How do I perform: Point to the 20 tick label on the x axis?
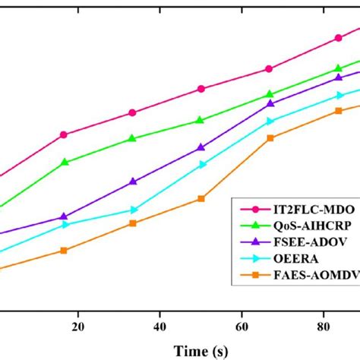pyautogui.click(x=77, y=326)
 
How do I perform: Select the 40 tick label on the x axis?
pyautogui.click(x=159, y=326)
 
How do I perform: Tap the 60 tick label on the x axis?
pyautogui.click(x=242, y=326)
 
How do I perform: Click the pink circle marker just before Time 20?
pyautogui.click(x=64, y=134)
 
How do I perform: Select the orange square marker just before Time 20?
pyautogui.click(x=64, y=251)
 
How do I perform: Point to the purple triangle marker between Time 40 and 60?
pyautogui.click(x=201, y=147)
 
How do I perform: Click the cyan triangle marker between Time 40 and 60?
pyautogui.click(x=201, y=164)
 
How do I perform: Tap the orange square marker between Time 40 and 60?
pyautogui.click(x=201, y=199)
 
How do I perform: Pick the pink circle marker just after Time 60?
pyautogui.click(x=270, y=69)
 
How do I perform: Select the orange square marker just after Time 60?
pyautogui.click(x=270, y=138)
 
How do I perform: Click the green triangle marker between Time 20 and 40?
pyautogui.click(x=133, y=138)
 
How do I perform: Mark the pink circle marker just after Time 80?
pyautogui.click(x=339, y=38)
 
